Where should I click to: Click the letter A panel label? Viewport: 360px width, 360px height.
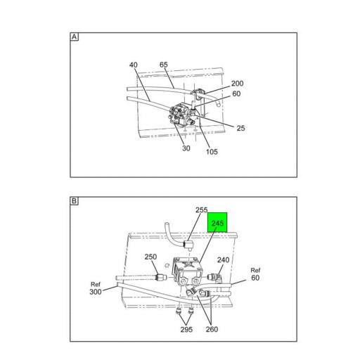point(74,37)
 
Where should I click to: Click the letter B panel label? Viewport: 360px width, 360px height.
point(74,201)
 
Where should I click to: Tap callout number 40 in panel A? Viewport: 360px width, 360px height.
point(134,65)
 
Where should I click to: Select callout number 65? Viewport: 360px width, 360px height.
point(163,65)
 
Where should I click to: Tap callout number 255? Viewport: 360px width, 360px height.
point(201,210)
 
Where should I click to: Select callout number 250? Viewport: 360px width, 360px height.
point(150,257)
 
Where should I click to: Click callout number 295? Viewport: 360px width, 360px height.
point(186,330)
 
